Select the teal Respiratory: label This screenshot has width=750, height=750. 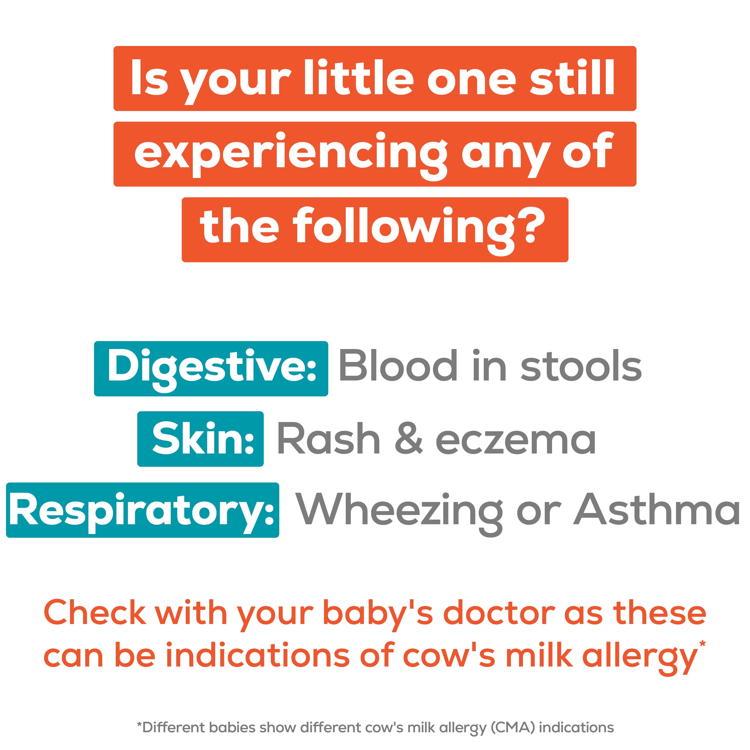(142, 510)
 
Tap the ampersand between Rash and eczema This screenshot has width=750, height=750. (408, 439)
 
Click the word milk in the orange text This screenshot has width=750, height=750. (539, 656)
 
